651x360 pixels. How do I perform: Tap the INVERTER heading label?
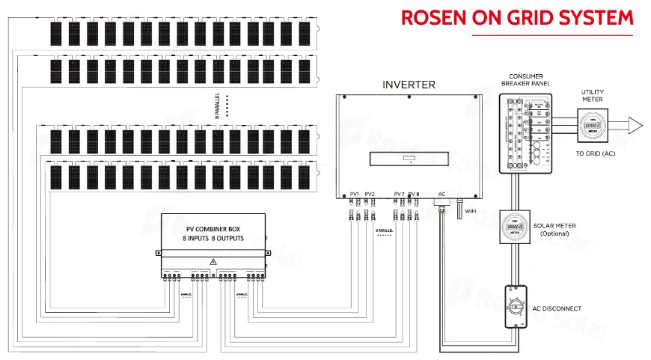[x=409, y=85]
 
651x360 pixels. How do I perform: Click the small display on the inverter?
[x=409, y=159]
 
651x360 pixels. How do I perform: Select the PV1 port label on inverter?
[x=355, y=194]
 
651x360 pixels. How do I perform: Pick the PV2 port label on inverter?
[x=370, y=194]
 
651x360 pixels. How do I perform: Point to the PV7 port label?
[x=399, y=194]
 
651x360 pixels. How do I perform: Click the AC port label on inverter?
[x=441, y=194]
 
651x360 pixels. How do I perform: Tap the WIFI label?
[x=471, y=211]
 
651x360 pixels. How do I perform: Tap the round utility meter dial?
[x=592, y=124]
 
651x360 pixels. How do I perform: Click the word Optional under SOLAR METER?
[x=554, y=234]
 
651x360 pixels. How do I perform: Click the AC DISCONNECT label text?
[x=557, y=308]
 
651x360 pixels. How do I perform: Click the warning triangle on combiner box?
[x=213, y=261]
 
